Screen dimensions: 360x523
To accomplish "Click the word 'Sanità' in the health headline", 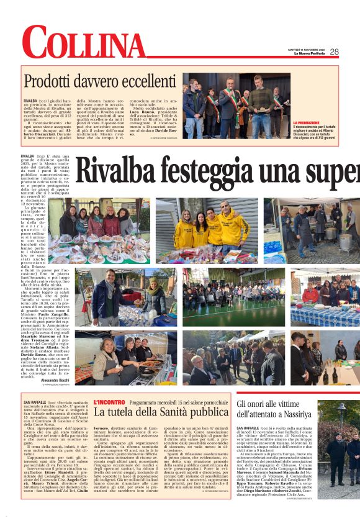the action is click(x=167, y=412).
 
